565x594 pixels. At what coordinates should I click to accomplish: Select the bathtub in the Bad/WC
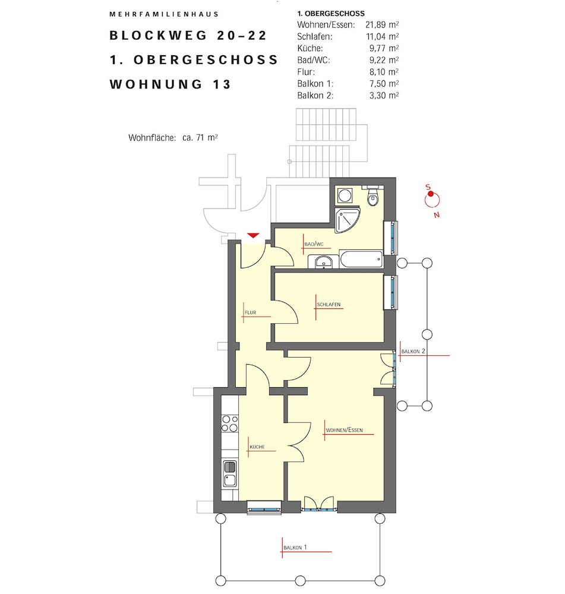[x=361, y=259]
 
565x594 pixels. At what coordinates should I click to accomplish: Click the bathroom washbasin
[x=323, y=262]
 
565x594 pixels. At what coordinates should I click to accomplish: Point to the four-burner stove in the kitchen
[x=230, y=424]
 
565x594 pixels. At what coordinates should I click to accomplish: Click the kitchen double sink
[x=230, y=473]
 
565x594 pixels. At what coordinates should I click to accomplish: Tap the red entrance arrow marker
[x=253, y=236]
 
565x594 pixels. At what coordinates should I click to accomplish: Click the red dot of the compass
[x=431, y=194]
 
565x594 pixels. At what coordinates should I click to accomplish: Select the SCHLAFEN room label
[x=329, y=305]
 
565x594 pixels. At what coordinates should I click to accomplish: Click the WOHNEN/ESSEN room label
[x=344, y=430]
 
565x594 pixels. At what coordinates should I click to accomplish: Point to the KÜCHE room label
[x=257, y=447]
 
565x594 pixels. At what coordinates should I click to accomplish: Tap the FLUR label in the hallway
[x=251, y=312]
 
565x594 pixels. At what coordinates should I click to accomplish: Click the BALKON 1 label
[x=295, y=548]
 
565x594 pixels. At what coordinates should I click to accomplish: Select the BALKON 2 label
[x=414, y=351]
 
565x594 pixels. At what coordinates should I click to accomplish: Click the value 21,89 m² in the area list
[x=382, y=25]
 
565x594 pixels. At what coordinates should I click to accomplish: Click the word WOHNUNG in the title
[x=156, y=84]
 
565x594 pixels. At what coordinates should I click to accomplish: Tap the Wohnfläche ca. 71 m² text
[x=173, y=138]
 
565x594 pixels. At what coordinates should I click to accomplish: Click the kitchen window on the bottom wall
[x=264, y=507]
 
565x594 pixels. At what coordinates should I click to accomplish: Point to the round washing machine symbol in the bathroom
[x=345, y=195]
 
